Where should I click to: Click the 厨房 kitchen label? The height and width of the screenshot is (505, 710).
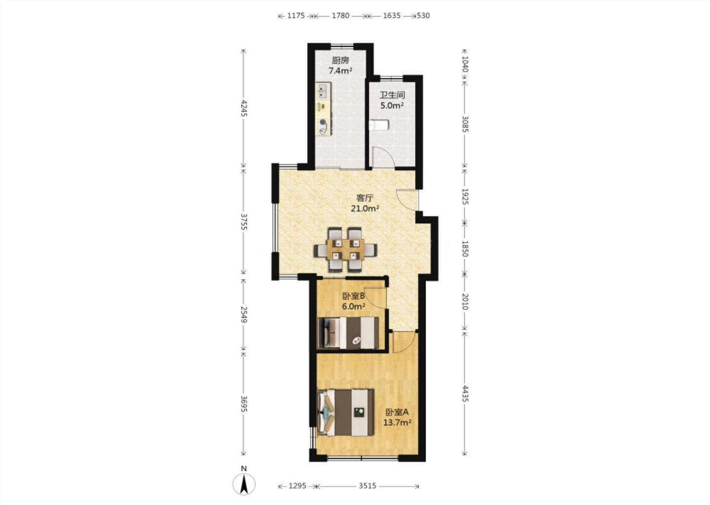pos(340,60)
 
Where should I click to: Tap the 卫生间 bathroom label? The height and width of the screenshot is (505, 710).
pos(392,95)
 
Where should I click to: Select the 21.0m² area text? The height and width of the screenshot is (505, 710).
pos(365,209)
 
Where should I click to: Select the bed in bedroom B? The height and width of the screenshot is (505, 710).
pos(348,332)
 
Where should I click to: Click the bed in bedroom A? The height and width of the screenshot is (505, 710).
pos(346,412)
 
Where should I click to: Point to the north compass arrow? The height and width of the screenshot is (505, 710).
pos(244,484)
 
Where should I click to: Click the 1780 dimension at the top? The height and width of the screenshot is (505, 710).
pos(340,15)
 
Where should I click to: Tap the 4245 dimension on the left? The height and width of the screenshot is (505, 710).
pos(244,108)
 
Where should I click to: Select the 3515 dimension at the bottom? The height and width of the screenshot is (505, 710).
pos(367,486)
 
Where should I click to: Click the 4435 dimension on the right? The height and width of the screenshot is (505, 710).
pos(464,394)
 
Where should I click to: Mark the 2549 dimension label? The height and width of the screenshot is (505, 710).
pos(244,314)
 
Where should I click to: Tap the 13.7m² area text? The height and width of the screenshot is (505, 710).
pos(397,423)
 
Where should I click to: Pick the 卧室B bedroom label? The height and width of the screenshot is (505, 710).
pos(354,296)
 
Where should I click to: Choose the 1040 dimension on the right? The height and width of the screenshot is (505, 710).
pos(464,64)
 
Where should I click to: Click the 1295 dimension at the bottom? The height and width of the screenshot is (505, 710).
pos(297,486)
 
